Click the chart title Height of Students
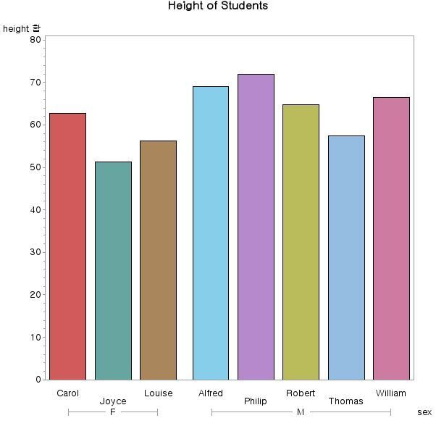218,6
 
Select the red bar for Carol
67,246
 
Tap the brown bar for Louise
158,260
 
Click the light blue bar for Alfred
211,233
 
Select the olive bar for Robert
301,242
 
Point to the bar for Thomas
346,257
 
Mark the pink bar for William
391,238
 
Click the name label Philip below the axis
256,401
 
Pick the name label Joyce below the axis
113,401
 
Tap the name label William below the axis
391,393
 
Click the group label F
113,412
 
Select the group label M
301,412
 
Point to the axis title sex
424,412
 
